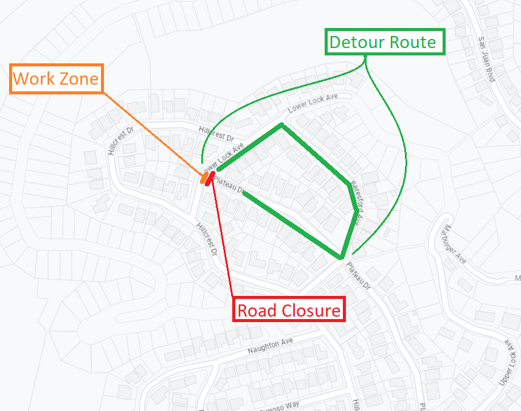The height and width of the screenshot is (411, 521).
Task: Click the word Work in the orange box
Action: pos(33,79)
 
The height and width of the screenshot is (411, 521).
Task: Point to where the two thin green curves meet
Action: pos(366,59)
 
